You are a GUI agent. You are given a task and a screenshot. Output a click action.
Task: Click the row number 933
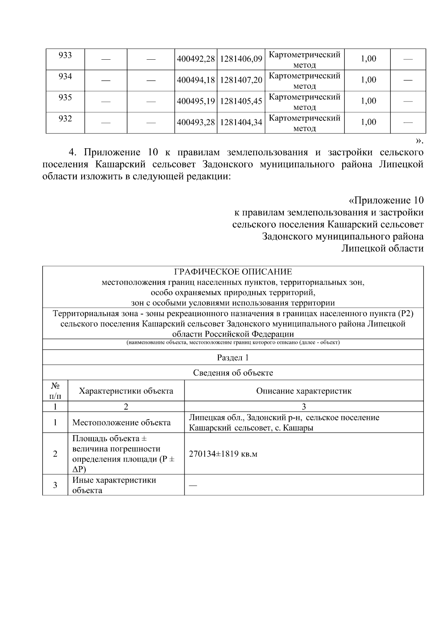tap(65, 55)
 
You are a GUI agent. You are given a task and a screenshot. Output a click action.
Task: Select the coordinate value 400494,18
tap(196, 80)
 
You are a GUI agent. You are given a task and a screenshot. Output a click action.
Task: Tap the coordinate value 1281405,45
tap(241, 101)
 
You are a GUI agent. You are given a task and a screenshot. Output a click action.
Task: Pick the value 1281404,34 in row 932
tap(241, 122)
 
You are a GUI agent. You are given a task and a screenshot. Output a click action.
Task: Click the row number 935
tap(65, 97)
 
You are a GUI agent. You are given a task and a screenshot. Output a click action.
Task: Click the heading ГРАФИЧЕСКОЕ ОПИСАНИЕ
tap(233, 272)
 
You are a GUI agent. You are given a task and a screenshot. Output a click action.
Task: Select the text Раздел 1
tap(233, 357)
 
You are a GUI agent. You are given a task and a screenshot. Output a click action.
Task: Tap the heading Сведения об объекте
tap(233, 373)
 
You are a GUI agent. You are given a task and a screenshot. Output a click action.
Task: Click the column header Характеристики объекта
tap(126, 391)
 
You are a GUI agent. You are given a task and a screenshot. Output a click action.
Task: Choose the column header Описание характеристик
tap(304, 391)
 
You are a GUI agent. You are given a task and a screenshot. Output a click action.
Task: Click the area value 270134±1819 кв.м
tap(223, 454)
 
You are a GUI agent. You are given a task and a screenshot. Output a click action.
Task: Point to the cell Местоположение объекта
tap(121, 423)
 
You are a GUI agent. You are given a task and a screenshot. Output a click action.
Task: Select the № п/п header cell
tap(55, 391)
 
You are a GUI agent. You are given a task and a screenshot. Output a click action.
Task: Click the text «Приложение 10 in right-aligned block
tap(386, 201)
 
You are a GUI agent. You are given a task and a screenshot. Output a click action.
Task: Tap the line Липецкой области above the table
tap(382, 248)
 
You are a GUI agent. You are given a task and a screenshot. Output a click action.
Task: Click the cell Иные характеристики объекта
tap(114, 485)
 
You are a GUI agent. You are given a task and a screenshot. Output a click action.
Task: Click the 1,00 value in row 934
tap(368, 80)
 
